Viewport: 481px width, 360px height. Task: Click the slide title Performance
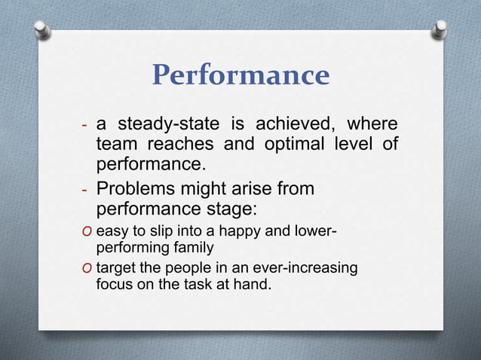pos(240,76)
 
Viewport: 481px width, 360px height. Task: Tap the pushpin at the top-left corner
pos(43,29)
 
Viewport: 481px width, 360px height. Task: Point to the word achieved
pos(296,124)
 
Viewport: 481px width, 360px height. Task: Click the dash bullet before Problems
pos(85,189)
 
